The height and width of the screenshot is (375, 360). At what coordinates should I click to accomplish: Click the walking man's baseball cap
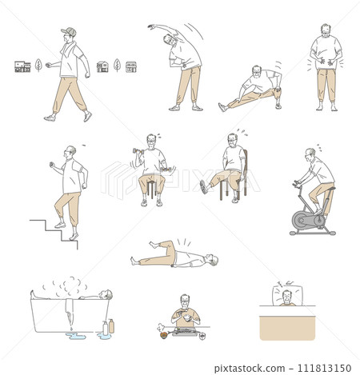[69, 31]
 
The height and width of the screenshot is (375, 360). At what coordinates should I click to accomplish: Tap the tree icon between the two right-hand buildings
[117, 65]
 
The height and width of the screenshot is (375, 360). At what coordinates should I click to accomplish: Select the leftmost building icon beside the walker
[22, 66]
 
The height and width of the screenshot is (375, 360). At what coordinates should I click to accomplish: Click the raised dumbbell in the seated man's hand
[138, 151]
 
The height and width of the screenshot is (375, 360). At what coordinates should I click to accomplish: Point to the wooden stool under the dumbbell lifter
[151, 189]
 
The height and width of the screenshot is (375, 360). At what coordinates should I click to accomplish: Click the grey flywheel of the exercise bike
[302, 220]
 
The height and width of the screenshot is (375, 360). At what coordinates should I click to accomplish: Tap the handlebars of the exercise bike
[297, 183]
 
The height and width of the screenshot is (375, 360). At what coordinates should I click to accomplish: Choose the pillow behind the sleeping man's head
[288, 296]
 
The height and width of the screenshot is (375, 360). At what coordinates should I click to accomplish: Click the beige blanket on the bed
[287, 328]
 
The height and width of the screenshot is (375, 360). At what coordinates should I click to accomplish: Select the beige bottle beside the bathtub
[111, 326]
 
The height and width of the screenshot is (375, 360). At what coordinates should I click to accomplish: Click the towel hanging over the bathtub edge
[70, 310]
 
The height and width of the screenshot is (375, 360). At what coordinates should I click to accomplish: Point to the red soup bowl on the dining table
[164, 335]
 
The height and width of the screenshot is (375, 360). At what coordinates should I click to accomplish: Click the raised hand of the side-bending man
[151, 26]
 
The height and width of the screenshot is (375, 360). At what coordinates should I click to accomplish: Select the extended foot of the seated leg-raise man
[203, 187]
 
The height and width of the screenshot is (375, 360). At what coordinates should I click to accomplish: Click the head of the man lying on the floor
[213, 259]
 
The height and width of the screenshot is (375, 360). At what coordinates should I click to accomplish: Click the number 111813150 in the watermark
[324, 369]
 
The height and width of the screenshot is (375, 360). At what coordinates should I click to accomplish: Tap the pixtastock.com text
[250, 369]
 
